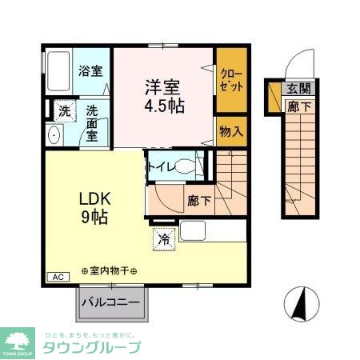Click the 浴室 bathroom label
(90, 70)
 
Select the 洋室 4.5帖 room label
(164, 95)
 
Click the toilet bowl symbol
(185, 167)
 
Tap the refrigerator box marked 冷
(163, 238)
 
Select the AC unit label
(58, 278)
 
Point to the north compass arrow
(298, 303)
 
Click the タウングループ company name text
(92, 348)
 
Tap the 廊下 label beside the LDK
(199, 200)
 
